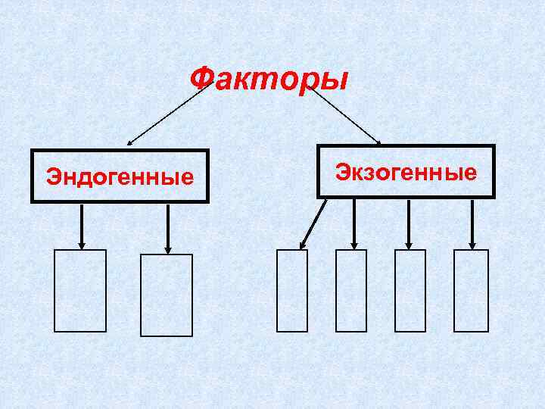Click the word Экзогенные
point(406,172)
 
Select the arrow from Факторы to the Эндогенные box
point(167,113)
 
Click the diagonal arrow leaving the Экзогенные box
point(313,224)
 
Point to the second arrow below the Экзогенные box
point(353,223)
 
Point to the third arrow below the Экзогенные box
point(409,223)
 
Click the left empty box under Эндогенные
point(80,291)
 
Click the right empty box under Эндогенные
point(167,295)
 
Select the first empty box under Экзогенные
point(292,291)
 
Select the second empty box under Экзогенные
point(350,291)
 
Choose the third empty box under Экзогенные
point(410,291)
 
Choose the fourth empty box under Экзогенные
point(471,291)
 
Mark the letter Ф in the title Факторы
point(202,78)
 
